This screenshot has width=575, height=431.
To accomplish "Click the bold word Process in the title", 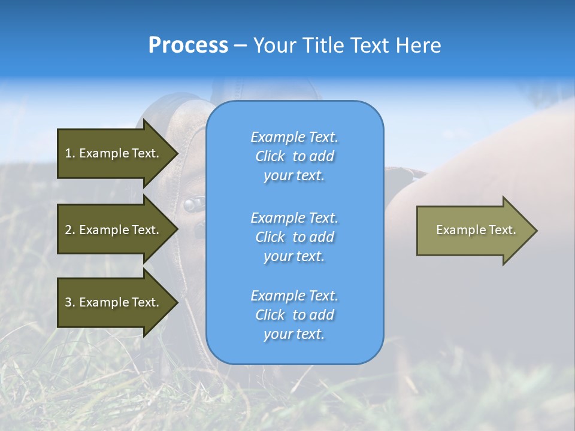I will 188,45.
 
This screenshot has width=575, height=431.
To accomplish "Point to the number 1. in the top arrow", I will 70,153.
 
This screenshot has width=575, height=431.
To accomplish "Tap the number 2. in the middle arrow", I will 70,230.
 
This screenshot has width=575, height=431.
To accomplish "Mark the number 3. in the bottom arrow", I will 70,302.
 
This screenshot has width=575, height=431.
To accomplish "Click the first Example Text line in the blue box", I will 294,137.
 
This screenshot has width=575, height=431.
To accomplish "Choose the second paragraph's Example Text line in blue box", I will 294,218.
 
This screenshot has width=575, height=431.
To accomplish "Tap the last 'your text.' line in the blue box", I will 294,335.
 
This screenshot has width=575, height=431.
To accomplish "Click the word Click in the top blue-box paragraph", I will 270,156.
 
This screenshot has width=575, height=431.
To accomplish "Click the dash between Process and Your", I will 240,45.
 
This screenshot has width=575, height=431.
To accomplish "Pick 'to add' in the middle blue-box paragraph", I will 313,237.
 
